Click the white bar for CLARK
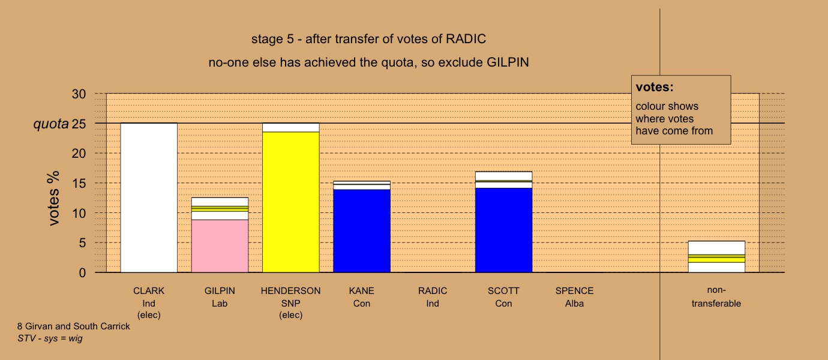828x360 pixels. tap(149, 198)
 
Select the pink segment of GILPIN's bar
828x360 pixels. tap(220, 246)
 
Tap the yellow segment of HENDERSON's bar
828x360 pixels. tap(290, 202)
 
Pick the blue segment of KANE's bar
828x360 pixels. tap(362, 231)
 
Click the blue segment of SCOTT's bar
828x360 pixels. tap(503, 230)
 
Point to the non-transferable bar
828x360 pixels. tap(716, 257)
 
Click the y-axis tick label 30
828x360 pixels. tap(79, 94)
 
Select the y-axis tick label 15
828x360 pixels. tap(79, 184)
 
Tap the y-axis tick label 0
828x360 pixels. tap(82, 273)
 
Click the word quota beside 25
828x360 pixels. tap(51, 124)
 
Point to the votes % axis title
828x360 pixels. tap(53, 198)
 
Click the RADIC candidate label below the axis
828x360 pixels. tap(433, 291)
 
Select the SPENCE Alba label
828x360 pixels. tap(574, 297)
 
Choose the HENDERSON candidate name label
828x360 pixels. tap(290, 291)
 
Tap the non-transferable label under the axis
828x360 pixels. tap(716, 297)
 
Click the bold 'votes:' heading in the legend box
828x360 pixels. tap(655, 87)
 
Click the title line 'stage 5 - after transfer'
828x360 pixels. tap(368, 39)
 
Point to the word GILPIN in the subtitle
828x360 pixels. tap(508, 62)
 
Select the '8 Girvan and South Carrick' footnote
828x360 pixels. tap(74, 326)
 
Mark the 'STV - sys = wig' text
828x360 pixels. tap(50, 338)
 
